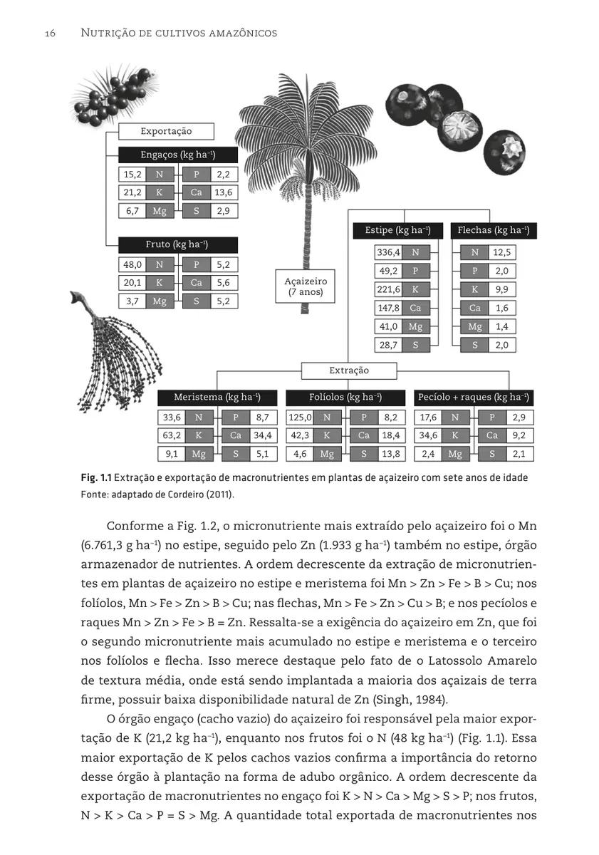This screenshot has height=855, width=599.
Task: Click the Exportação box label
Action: point(165,131)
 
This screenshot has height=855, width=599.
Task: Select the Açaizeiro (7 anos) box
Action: point(306,286)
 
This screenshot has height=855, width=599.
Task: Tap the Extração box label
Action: point(349,370)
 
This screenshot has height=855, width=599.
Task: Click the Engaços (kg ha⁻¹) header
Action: point(177,155)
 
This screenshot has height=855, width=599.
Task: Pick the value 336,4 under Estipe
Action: point(388,252)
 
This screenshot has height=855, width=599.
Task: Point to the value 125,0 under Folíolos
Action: point(300,418)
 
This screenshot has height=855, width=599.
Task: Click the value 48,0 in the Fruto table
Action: point(132,264)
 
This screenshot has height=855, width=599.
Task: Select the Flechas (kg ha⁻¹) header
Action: point(493,230)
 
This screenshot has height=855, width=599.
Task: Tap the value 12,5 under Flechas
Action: point(502,252)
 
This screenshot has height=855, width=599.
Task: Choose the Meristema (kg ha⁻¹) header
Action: point(217,397)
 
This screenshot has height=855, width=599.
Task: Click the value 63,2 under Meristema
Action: point(172,435)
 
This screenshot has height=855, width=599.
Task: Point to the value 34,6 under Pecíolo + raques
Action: point(428,435)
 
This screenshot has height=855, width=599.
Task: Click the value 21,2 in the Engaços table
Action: point(132,192)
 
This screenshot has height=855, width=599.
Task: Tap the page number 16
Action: point(51,33)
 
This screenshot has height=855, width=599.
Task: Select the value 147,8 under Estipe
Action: point(388,308)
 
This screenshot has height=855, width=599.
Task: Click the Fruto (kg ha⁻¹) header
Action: point(177,244)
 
